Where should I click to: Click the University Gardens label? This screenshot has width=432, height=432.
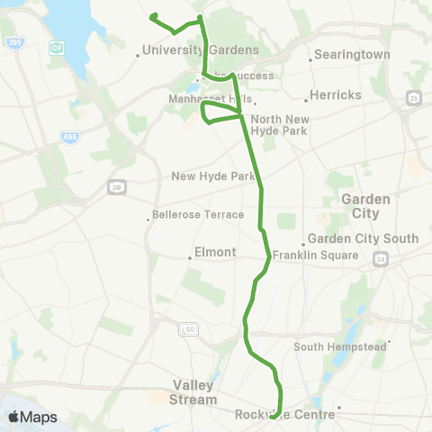(x=201, y=50)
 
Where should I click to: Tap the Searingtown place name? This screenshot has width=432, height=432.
(x=351, y=55)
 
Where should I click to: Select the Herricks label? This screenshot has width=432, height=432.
(x=335, y=94)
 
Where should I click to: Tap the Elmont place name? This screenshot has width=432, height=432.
(x=216, y=253)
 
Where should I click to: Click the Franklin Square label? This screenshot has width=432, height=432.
(x=316, y=256)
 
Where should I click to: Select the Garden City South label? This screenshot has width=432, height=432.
(x=363, y=238)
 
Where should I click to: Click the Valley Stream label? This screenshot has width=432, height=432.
(x=193, y=391)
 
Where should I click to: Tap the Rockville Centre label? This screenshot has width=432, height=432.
(x=284, y=415)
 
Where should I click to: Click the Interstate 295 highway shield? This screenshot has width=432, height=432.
(x=13, y=42)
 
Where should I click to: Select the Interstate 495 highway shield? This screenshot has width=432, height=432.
(x=70, y=137)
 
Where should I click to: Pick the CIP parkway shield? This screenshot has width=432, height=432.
(x=58, y=46)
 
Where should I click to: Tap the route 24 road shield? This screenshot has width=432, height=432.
(x=381, y=258)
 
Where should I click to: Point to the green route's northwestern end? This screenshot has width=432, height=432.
(x=153, y=15)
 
